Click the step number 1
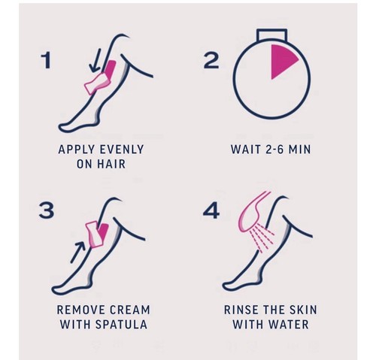click(47, 61)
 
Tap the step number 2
click(211, 61)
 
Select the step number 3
click(47, 210)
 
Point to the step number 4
click(211, 210)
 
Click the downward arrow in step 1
click(96, 60)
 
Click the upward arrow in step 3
click(77, 252)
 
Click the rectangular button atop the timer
click(272, 35)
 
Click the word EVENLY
click(122, 150)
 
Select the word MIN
click(299, 150)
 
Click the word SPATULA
click(121, 325)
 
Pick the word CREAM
click(130, 310)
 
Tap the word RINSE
click(241, 310)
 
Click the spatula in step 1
click(97, 83)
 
